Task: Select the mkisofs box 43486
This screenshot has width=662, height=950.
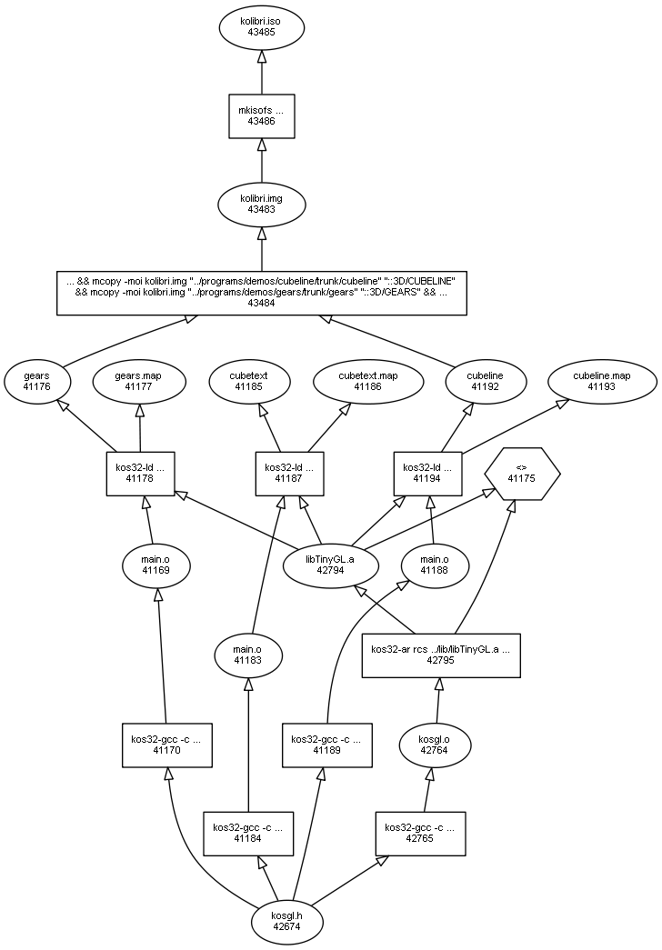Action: (x=261, y=115)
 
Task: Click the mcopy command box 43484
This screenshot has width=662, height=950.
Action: (x=261, y=292)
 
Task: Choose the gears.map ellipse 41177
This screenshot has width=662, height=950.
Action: (x=139, y=380)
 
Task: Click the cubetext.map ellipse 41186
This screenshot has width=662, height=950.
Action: (x=368, y=380)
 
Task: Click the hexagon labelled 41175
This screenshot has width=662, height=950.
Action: (x=522, y=473)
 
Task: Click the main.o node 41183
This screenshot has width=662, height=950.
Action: (x=247, y=655)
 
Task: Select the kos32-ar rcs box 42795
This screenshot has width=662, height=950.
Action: (x=442, y=655)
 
